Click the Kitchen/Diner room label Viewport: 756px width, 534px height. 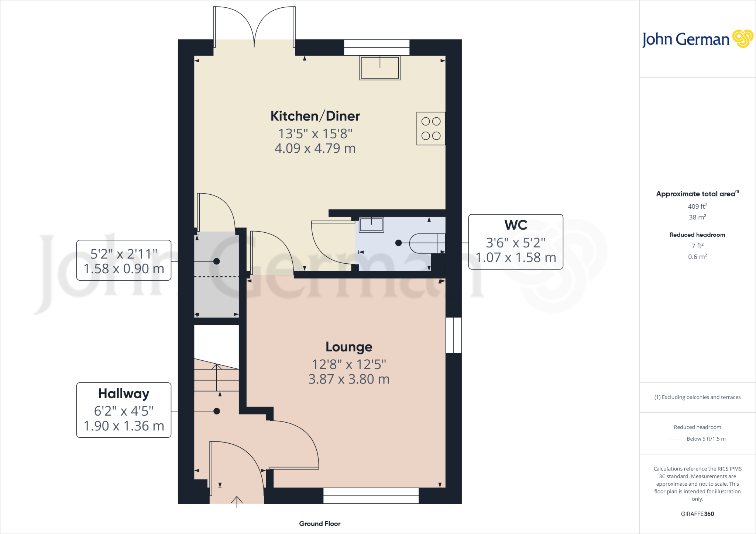tap(315, 116)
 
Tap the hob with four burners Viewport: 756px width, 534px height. tap(431, 129)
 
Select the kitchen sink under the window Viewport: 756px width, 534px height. tap(380, 68)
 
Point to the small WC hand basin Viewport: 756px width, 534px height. tap(371, 225)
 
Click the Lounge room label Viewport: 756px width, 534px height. tap(349, 347)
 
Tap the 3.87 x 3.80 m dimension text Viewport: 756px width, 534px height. tap(349, 379)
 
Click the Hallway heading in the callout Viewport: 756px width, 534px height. tap(124, 394)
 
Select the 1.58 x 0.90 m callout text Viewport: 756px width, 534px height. tap(124, 269)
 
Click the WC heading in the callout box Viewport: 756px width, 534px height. tap(516, 225)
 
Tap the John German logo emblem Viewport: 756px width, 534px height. tap(742, 39)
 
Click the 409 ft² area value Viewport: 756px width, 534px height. tap(697, 207)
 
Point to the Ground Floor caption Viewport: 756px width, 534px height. tap(320, 524)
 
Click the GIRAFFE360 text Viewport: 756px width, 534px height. tap(697, 514)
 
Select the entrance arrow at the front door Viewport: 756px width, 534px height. tap(237, 502)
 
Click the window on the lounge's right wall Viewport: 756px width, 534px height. tap(454, 335)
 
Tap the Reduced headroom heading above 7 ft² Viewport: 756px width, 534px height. tap(697, 235)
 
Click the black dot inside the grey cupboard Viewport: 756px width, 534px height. tap(217, 261)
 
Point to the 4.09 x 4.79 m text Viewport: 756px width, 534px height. tap(315, 149)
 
